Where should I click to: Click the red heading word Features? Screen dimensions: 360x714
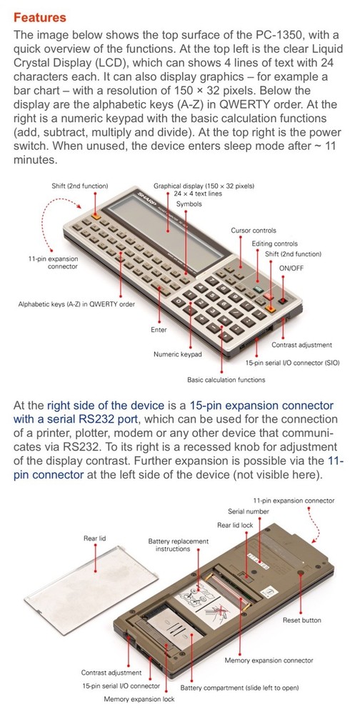tap(40, 18)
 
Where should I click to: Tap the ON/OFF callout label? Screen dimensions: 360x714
tap(291, 268)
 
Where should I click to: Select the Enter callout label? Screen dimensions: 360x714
tap(159, 330)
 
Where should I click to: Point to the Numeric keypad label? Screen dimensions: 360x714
tap(177, 354)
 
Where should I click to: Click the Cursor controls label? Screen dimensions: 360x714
tap(253, 231)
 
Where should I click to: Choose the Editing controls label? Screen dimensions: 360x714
tap(274, 243)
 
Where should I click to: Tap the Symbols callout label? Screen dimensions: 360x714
tap(189, 204)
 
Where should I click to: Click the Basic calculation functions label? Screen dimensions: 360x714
tap(226, 379)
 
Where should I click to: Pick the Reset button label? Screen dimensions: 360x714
tap(301, 620)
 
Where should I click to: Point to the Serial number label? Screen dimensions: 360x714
tap(249, 511)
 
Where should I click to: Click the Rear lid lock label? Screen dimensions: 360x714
tap(235, 525)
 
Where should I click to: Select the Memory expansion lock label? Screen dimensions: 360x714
tap(139, 699)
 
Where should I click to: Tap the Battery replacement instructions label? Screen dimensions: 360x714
tap(178, 545)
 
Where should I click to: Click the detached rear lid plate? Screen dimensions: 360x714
tap(91, 590)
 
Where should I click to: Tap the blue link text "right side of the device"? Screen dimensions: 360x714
tap(105, 406)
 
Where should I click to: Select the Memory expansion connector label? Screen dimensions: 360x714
tap(269, 660)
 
